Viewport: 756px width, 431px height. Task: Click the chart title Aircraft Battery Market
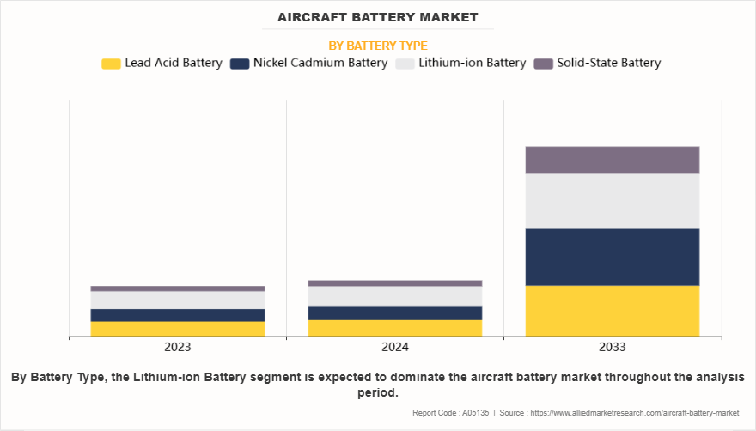pos(378,17)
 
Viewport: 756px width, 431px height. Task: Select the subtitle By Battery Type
pos(378,46)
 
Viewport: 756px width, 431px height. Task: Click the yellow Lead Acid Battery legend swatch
pos(111,64)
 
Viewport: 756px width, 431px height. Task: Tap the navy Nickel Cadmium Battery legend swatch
pos(240,64)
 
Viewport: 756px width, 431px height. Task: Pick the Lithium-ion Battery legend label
pos(472,63)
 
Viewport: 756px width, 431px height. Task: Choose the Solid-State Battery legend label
pos(608,63)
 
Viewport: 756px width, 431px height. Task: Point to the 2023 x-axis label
pos(178,347)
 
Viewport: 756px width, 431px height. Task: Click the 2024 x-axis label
pos(395,347)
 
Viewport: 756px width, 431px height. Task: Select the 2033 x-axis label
pos(613,347)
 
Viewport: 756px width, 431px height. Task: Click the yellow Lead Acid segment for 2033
pos(613,311)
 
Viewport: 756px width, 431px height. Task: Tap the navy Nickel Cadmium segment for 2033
pos(613,257)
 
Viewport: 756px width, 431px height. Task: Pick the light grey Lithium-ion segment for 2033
pos(613,201)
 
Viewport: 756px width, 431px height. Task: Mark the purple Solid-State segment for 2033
pos(613,160)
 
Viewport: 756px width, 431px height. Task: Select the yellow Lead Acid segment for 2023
pos(178,329)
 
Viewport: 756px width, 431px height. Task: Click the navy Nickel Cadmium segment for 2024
pos(395,313)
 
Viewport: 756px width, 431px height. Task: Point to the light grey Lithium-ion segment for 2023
pos(178,300)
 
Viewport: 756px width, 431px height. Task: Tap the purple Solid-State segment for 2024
pos(395,282)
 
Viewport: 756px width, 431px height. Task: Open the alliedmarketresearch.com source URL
pos(636,413)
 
